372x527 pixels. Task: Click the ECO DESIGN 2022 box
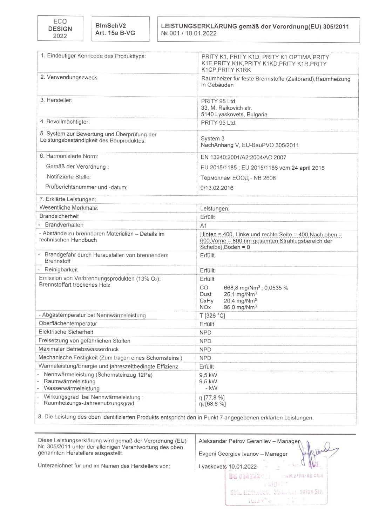[60, 28]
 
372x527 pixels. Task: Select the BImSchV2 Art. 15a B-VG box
[120, 29]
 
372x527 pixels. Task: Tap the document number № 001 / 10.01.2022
[189, 34]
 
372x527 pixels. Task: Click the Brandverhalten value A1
[203, 226]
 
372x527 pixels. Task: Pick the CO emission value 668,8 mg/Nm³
[242, 288]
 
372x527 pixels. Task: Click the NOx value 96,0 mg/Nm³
[240, 307]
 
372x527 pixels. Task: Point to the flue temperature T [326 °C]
[212, 315]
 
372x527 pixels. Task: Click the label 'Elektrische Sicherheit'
[66, 332]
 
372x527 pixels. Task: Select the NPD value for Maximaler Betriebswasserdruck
[205, 350]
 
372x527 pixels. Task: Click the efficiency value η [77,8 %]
[212, 397]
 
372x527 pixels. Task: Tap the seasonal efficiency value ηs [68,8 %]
[212, 404]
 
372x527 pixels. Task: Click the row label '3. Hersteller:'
[56, 100]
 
